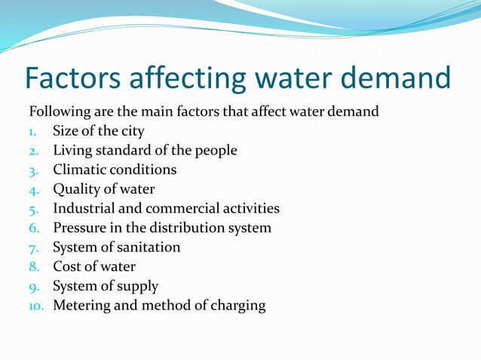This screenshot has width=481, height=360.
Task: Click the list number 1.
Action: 33,131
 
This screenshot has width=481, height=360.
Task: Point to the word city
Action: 130,131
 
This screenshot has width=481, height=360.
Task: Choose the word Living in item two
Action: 70,151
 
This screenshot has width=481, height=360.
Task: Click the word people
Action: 216,151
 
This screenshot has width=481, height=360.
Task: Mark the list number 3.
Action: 33,170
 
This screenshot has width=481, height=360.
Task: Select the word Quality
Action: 77,189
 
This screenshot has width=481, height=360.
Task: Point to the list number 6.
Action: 33,228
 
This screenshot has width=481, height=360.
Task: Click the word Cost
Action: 66,266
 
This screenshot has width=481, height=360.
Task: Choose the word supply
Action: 138,286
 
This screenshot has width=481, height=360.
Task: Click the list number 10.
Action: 37,306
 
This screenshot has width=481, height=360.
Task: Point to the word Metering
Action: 81,306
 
